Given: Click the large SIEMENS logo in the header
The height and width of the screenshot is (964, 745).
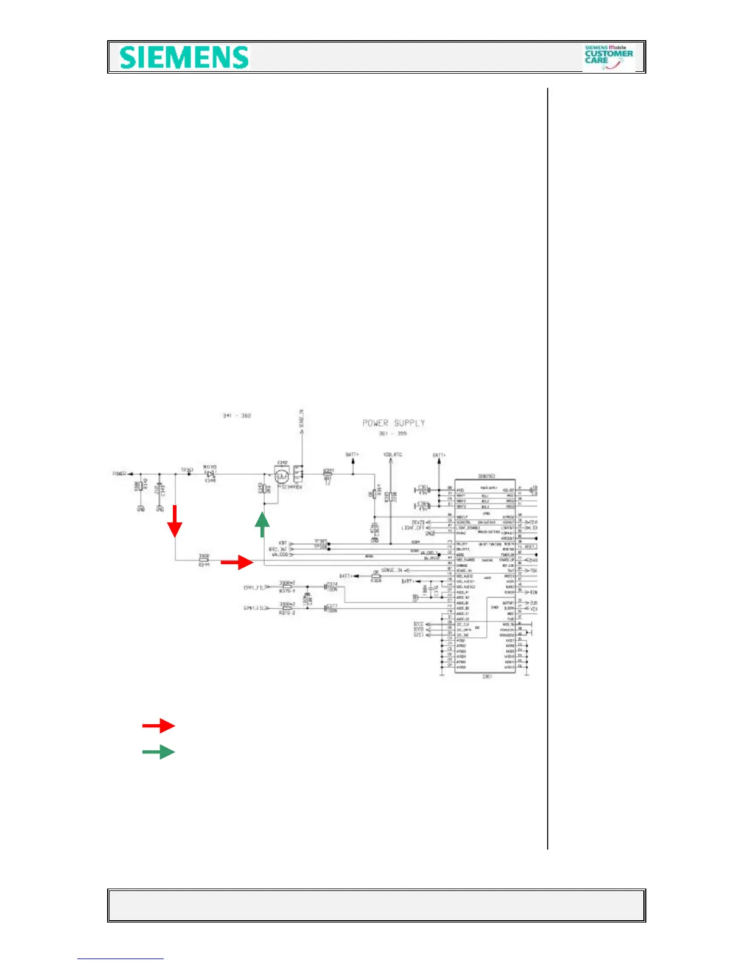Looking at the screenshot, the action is point(184,58).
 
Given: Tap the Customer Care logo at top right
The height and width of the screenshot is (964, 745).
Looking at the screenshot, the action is point(608,57).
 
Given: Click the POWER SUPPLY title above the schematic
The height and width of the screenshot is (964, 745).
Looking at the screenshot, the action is point(393,423).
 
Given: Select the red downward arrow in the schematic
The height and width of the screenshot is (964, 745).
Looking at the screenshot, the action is point(175,521).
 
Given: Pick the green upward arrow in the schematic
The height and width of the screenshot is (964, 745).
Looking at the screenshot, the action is point(262,524).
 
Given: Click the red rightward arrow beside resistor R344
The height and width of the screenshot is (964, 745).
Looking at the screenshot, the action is point(237,563).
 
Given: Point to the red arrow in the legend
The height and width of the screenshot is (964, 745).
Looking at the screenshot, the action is point(158,725).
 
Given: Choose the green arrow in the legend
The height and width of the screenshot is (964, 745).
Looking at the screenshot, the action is point(158,752).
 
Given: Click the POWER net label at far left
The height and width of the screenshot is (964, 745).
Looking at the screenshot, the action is point(119,473).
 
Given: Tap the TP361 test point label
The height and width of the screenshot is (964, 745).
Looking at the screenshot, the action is point(187,470).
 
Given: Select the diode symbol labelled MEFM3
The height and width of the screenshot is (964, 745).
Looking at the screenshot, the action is point(211,473).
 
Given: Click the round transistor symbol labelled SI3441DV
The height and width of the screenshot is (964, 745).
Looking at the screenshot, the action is point(281,477).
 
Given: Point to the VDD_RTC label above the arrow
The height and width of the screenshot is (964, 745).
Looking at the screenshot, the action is point(393,455).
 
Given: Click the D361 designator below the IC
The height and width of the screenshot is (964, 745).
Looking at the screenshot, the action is point(487,676).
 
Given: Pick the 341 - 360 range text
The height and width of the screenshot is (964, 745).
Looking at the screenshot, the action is point(236,416).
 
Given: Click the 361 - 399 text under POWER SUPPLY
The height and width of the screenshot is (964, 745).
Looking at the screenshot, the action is point(393,433).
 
